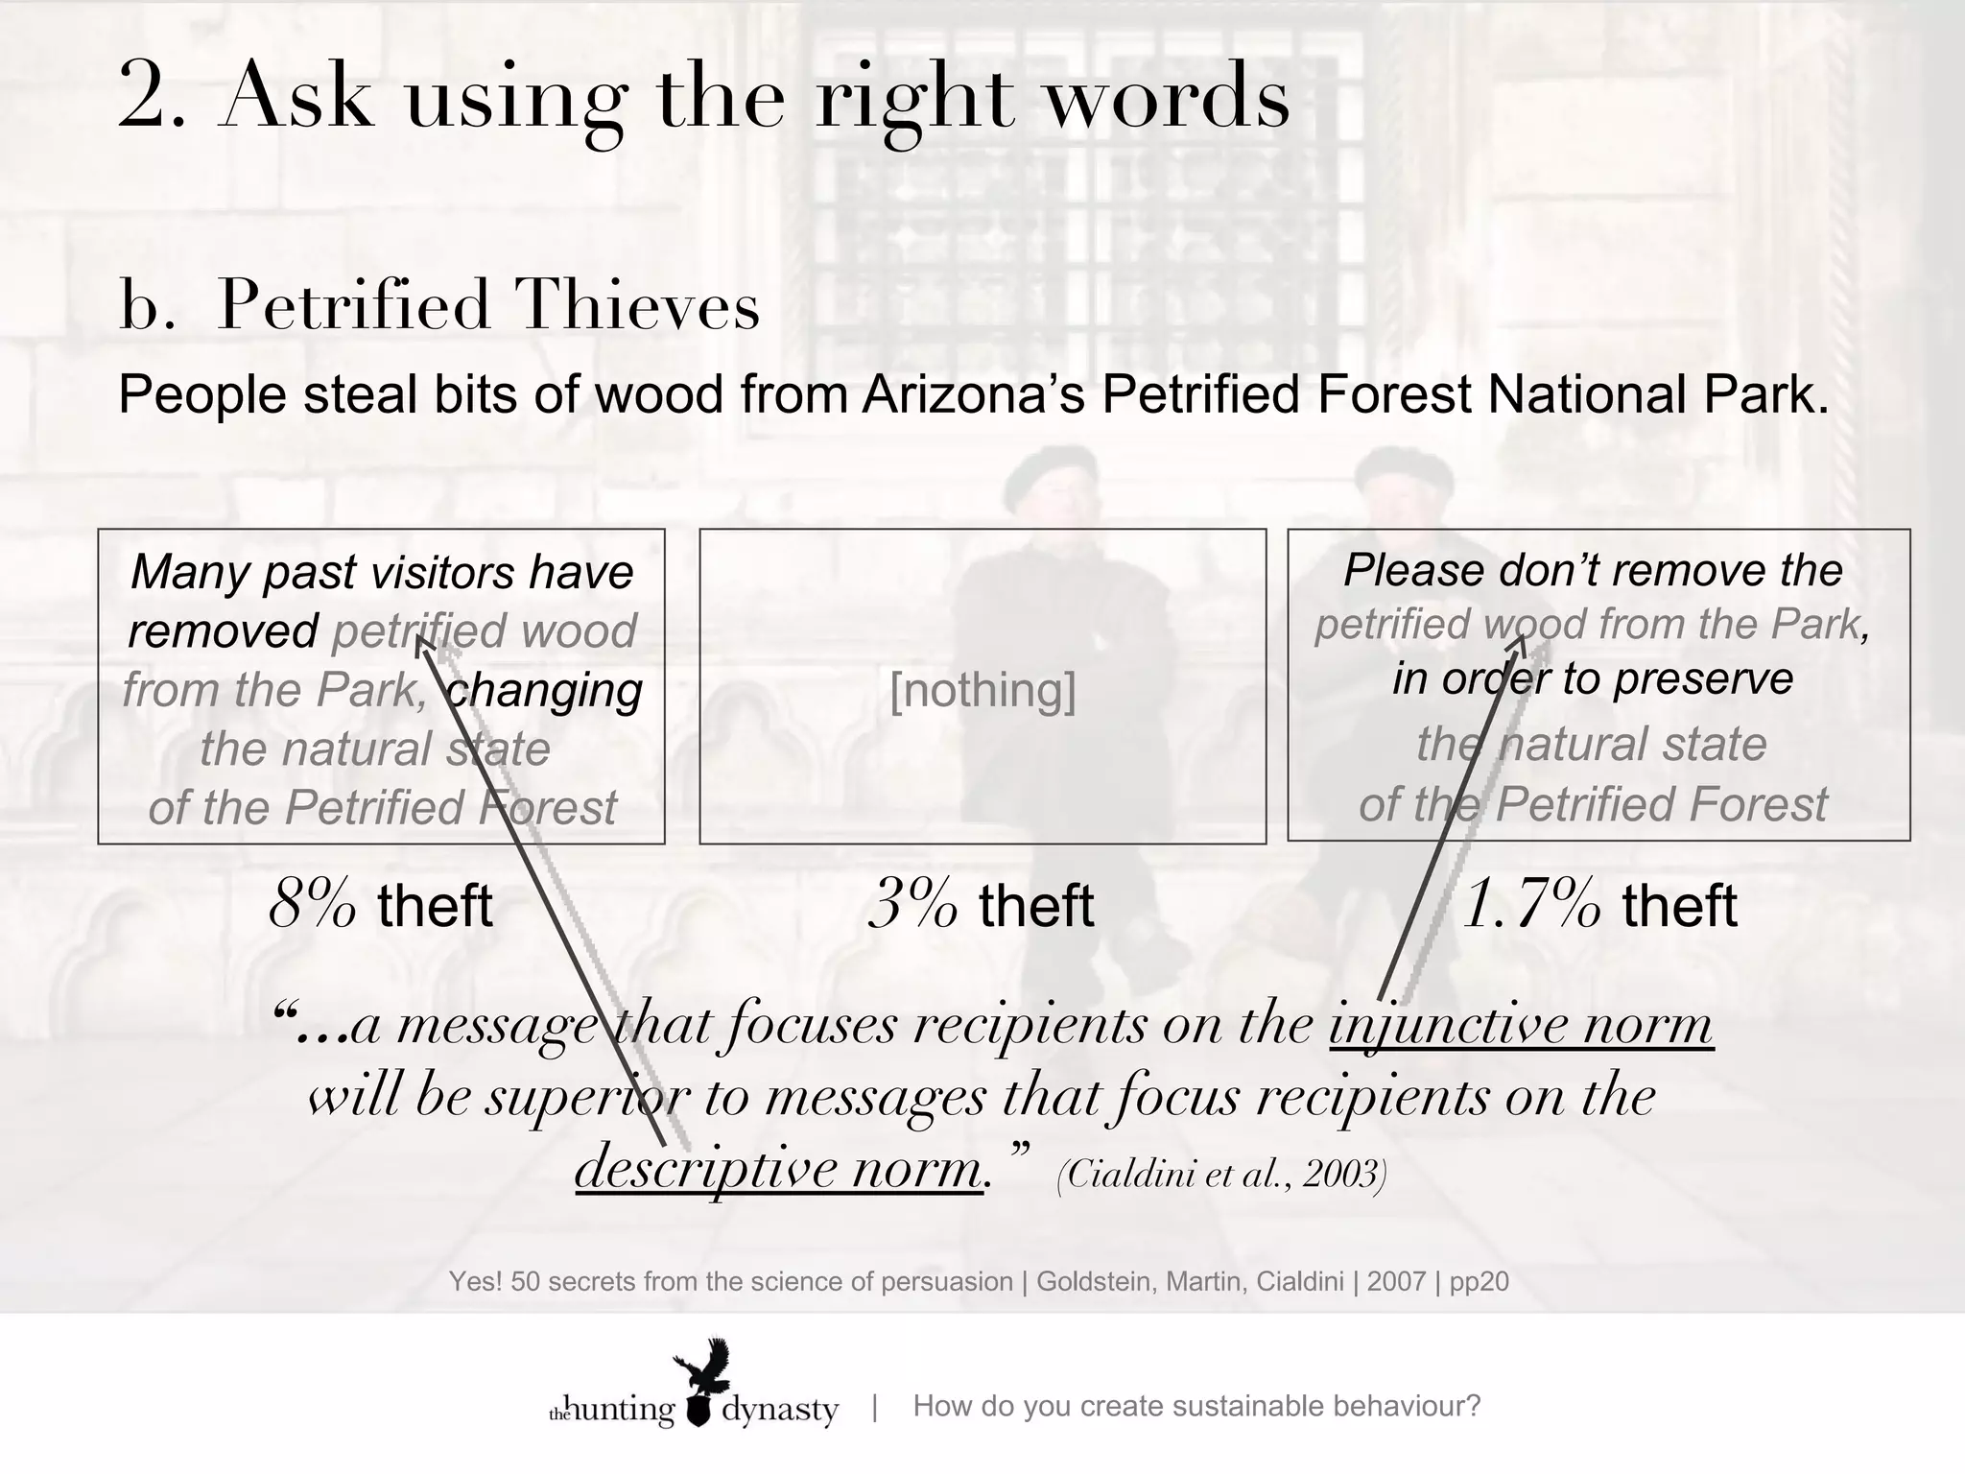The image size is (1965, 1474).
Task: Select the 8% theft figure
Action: [x=380, y=905]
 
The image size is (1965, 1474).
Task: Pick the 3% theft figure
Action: [x=981, y=905]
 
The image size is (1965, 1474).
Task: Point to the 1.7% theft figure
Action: [x=1598, y=905]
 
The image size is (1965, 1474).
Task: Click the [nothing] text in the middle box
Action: [x=982, y=689]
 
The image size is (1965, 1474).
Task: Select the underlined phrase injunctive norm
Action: [x=1521, y=1025]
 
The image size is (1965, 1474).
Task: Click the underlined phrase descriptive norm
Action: [x=778, y=1168]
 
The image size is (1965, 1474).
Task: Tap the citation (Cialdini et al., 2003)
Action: [x=1221, y=1174]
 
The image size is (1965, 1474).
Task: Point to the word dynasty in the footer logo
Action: [x=779, y=1410]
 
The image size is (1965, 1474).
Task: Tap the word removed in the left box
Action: [x=223, y=630]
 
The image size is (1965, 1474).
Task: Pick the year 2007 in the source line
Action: [x=1396, y=1281]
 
